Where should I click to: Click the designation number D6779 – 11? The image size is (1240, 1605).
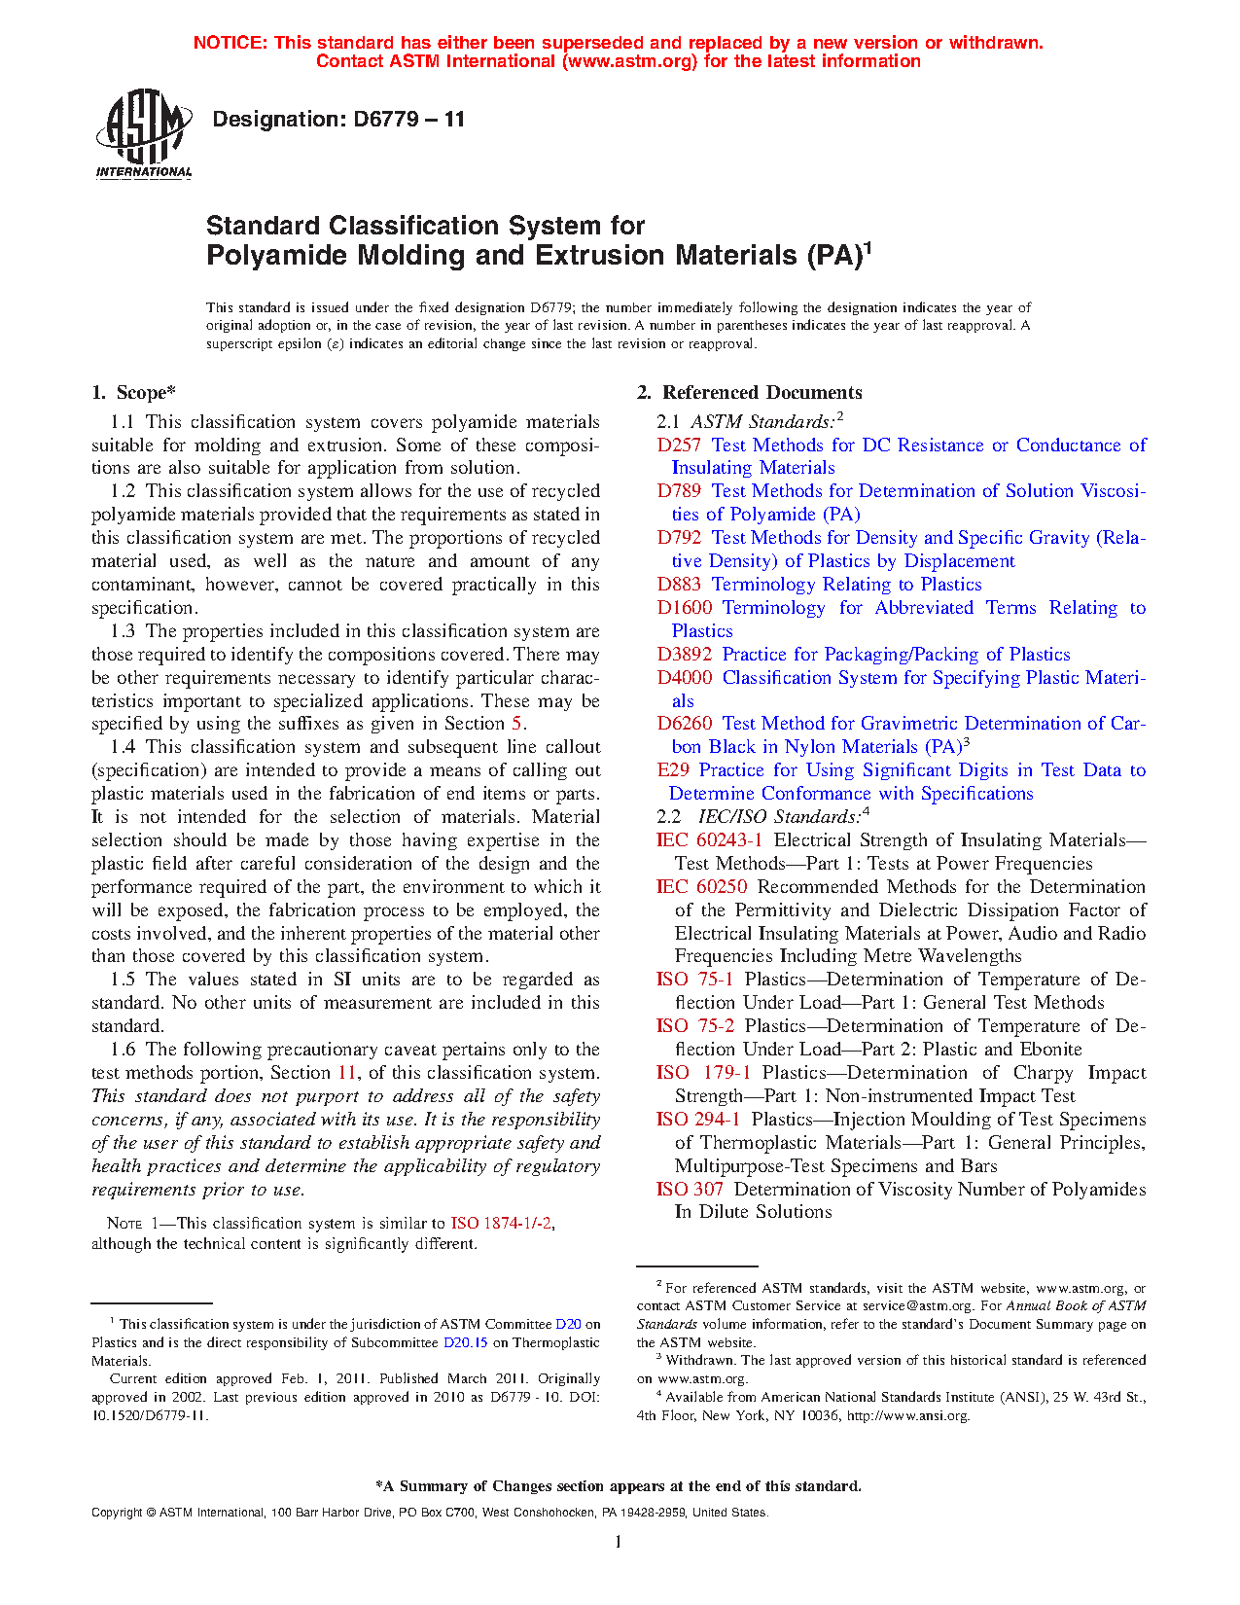pyautogui.click(x=338, y=120)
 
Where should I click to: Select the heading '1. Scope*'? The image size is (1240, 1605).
pyautogui.click(x=133, y=393)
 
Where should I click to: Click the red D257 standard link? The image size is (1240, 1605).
pyautogui.click(x=679, y=446)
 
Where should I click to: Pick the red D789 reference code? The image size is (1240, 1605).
pyautogui.click(x=679, y=491)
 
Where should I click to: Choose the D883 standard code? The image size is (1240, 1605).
pyautogui.click(x=679, y=585)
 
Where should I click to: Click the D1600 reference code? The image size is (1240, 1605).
pyautogui.click(x=685, y=608)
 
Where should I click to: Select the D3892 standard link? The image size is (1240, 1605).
pyautogui.click(x=685, y=655)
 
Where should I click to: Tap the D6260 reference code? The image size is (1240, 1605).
pyautogui.click(x=685, y=724)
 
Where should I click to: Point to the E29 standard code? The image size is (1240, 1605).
pyautogui.click(x=673, y=770)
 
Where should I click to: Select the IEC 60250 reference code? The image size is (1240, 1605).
pyautogui.click(x=701, y=887)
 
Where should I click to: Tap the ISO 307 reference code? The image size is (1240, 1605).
pyautogui.click(x=690, y=1190)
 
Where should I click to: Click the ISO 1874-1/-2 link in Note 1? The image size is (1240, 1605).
pyautogui.click(x=502, y=1224)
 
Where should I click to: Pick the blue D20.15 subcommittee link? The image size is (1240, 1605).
pyautogui.click(x=465, y=1343)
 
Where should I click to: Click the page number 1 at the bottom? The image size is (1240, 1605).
pyautogui.click(x=619, y=1542)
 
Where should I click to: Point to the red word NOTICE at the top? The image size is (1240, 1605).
pyautogui.click(x=230, y=43)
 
